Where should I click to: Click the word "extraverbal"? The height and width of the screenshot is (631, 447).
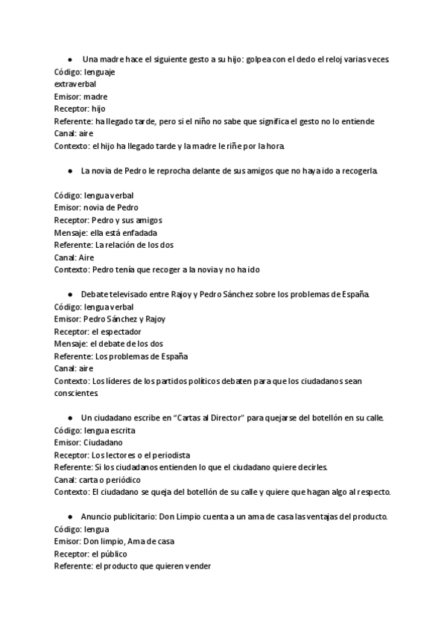(x=75, y=83)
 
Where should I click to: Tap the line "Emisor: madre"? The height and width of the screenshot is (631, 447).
(x=81, y=96)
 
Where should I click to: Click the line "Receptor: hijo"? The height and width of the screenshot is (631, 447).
(x=80, y=109)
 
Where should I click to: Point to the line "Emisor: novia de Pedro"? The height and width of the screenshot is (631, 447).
(x=96, y=208)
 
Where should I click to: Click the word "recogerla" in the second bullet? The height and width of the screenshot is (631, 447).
(x=360, y=171)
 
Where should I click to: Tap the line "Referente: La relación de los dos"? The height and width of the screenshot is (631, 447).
(x=114, y=245)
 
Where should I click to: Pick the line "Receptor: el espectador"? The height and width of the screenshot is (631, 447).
(x=98, y=331)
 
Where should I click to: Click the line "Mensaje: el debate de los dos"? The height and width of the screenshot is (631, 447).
(x=109, y=344)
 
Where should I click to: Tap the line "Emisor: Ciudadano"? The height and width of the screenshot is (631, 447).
(x=89, y=442)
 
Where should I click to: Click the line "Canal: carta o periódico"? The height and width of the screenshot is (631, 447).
(x=98, y=479)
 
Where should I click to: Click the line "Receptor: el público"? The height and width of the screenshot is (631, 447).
(x=90, y=554)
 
